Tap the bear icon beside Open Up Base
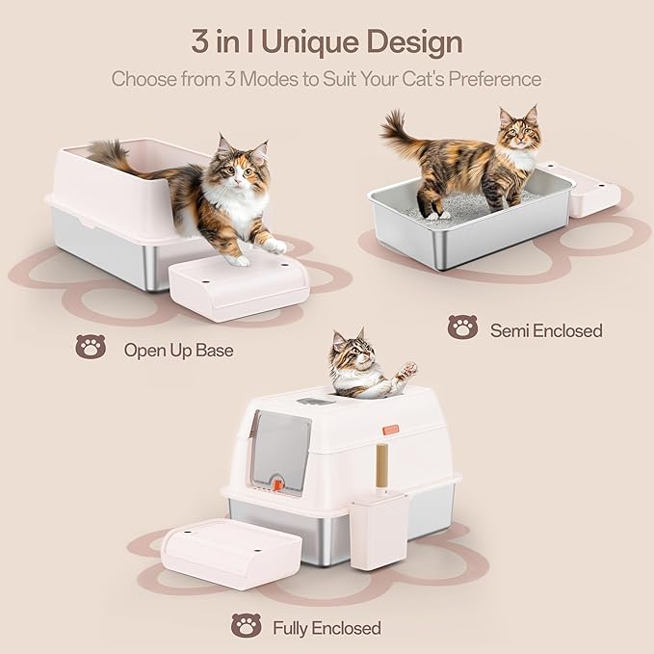coord(92,346)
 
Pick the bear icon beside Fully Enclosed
coord(246,626)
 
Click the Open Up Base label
coord(178,350)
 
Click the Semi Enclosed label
coord(546,330)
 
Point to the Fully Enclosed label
coord(326,629)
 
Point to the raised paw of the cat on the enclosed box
coord(408,369)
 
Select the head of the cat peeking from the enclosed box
coord(346,353)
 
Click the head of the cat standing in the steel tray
coord(519,132)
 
